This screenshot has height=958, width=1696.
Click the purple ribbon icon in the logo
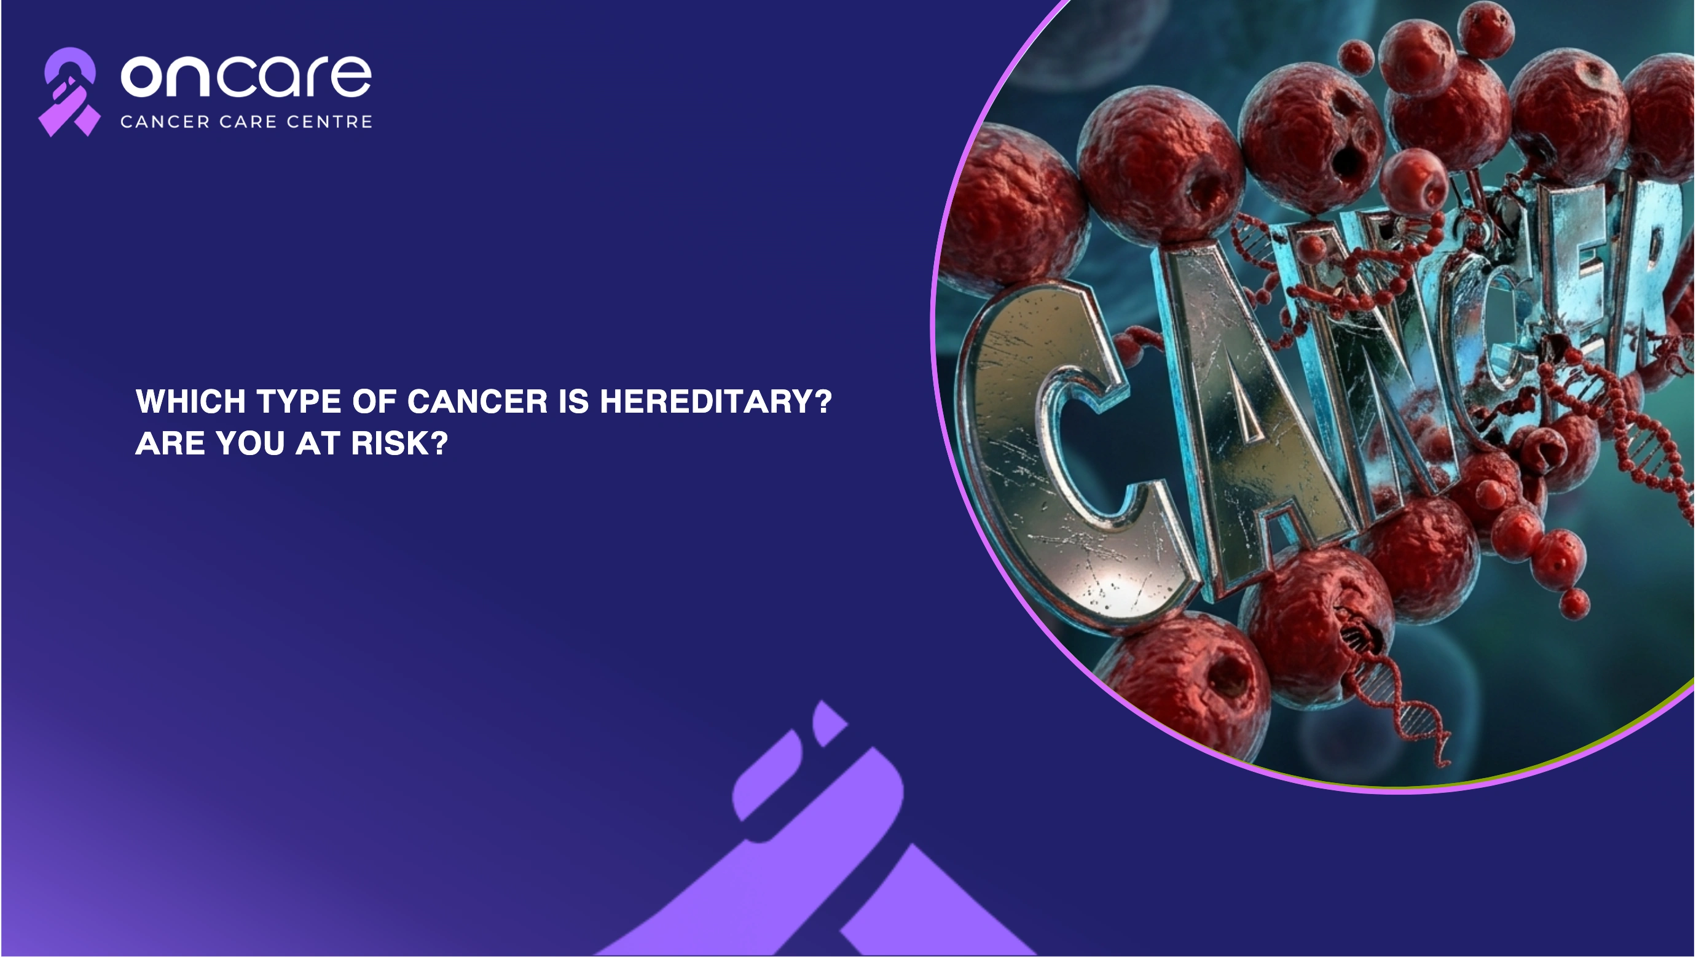(69, 92)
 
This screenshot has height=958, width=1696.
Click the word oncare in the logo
(246, 76)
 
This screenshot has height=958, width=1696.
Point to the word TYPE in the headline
(299, 402)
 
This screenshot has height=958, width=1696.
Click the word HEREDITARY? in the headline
(716, 402)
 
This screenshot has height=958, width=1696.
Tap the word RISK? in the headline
(399, 443)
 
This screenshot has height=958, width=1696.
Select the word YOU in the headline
(250, 443)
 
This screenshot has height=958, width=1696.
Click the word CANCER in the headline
(477, 402)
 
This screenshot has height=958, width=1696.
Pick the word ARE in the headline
(170, 443)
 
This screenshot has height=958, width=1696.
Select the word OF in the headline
(375, 402)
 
